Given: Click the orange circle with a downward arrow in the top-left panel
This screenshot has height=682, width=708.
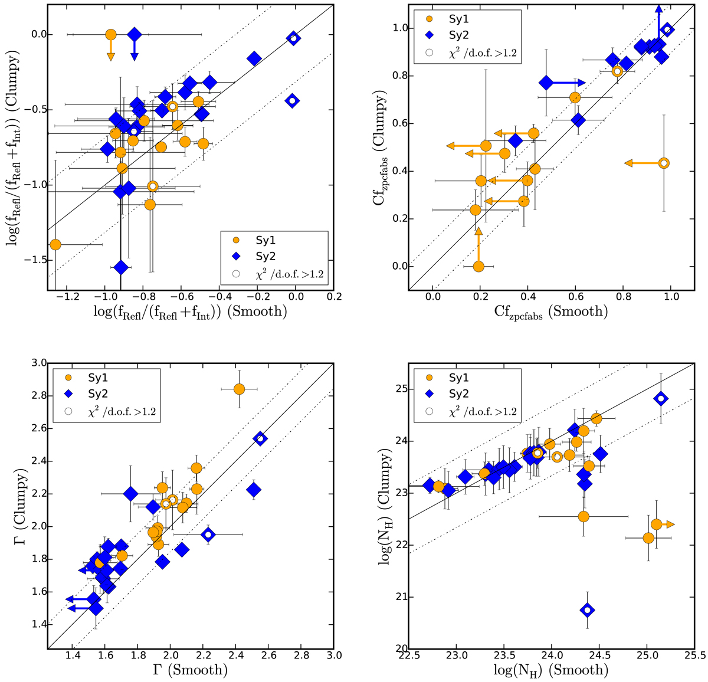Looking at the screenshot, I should pos(110,35).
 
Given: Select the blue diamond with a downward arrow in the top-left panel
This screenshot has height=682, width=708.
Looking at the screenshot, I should pos(135,35).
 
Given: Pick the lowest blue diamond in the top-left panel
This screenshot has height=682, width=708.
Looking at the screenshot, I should pos(121,267).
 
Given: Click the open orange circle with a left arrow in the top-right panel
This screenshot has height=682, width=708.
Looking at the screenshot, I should pos(664,163).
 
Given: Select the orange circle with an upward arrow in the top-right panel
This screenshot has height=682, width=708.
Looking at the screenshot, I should pos(478,267).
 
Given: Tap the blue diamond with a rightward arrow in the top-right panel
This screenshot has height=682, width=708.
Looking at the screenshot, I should pos(546,83).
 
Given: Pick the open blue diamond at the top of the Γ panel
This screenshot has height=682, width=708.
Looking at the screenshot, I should pos(260,438).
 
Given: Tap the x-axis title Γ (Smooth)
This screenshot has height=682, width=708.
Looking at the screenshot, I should pos(190,670).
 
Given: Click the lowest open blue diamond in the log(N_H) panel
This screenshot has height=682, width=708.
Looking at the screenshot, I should pos(587,610).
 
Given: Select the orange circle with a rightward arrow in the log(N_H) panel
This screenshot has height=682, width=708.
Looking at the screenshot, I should pos(657,524).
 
